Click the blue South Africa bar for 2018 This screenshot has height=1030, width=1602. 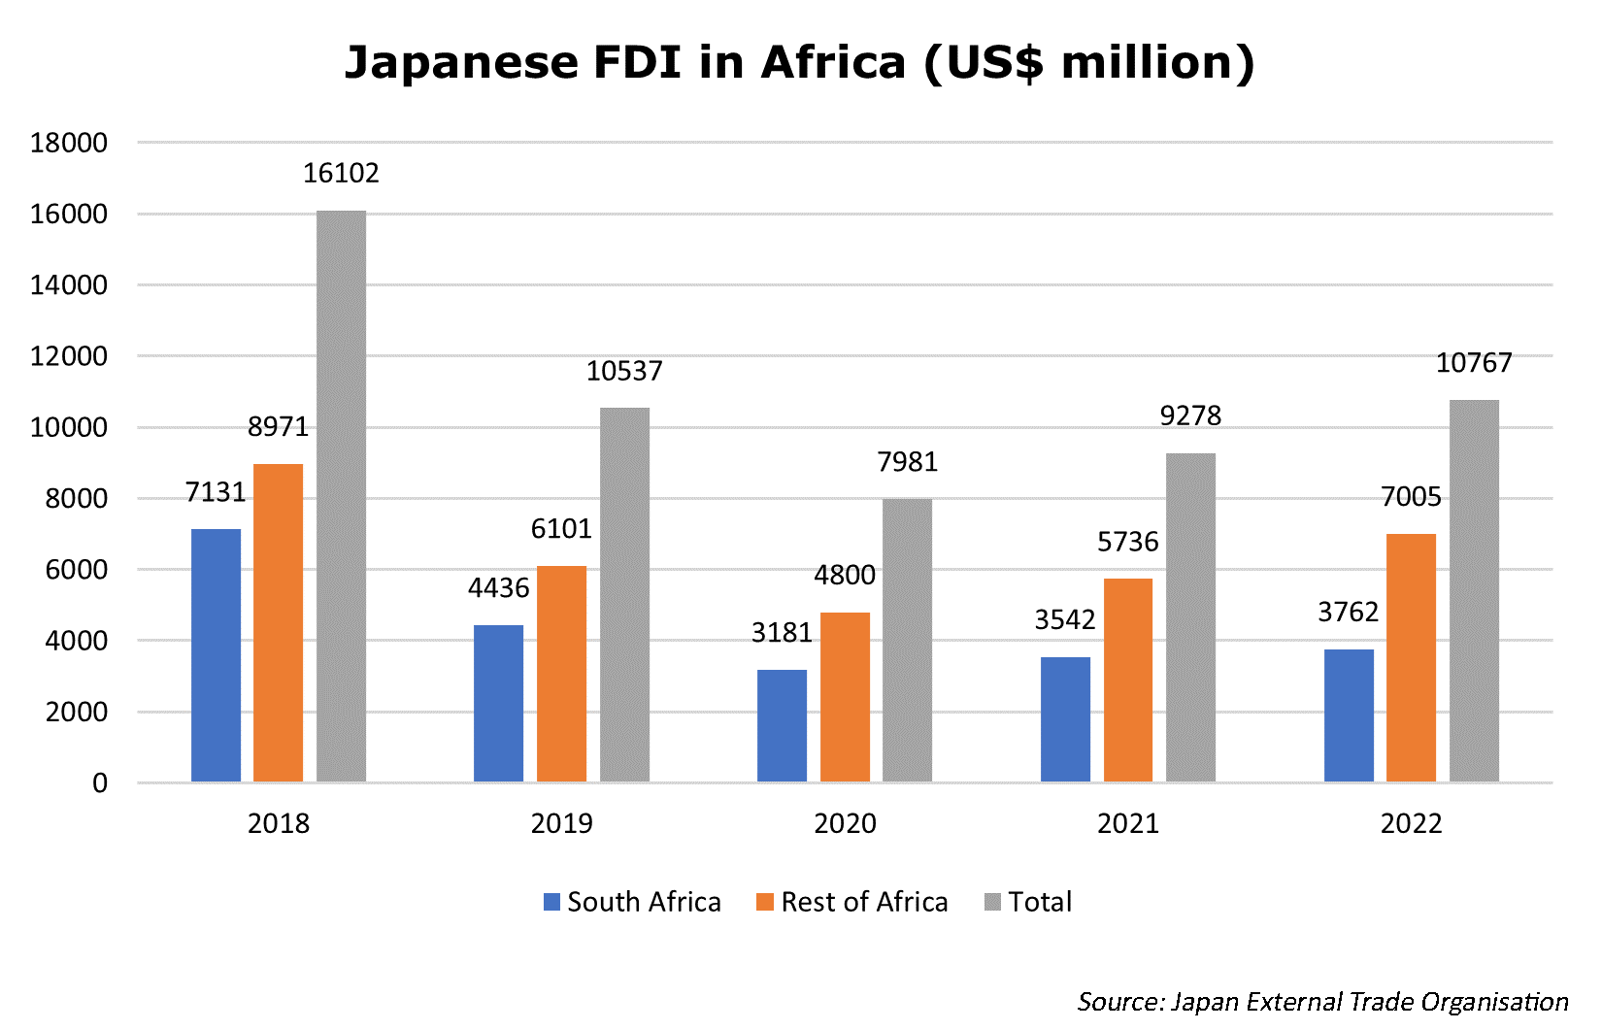[216, 655]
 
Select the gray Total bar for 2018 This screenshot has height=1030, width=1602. [341, 496]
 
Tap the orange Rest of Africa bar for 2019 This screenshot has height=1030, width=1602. [561, 674]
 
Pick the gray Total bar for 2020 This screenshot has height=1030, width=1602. [907, 640]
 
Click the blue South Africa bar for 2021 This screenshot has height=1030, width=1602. [1065, 719]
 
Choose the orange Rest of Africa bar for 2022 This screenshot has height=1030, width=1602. [1411, 657]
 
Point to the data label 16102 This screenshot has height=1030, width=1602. [341, 173]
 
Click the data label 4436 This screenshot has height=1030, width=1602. [498, 588]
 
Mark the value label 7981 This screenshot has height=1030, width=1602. [907, 462]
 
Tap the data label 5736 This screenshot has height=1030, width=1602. [1127, 542]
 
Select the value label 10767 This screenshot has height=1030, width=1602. [1474, 363]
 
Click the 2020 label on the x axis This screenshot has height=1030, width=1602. [845, 823]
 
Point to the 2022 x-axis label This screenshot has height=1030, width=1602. [1411, 823]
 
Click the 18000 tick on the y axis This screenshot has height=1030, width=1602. [69, 143]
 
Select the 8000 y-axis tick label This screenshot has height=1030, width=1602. [76, 499]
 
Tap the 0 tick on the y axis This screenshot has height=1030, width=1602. [100, 783]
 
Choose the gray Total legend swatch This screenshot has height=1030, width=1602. [992, 902]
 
